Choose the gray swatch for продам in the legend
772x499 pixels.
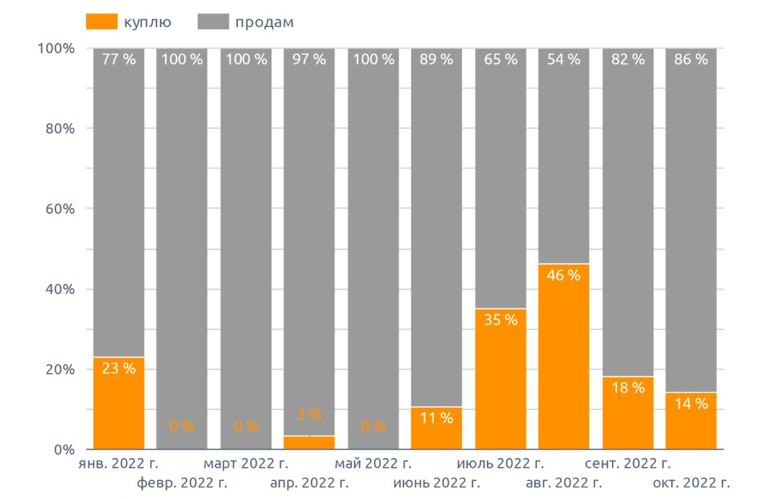[x=212, y=22]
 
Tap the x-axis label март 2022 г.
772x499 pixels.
[x=246, y=464]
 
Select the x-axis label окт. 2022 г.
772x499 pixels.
[x=691, y=482]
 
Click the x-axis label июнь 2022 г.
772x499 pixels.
[x=436, y=482]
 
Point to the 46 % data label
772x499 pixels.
[x=563, y=276]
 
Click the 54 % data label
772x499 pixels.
[x=563, y=60]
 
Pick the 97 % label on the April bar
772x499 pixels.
[x=309, y=60]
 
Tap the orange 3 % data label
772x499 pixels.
[x=309, y=415]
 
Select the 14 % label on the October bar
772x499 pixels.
[x=691, y=404]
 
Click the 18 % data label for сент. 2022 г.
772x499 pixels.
[x=627, y=388]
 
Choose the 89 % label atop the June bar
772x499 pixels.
[x=436, y=60]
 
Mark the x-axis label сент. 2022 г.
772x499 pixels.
[x=627, y=464]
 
